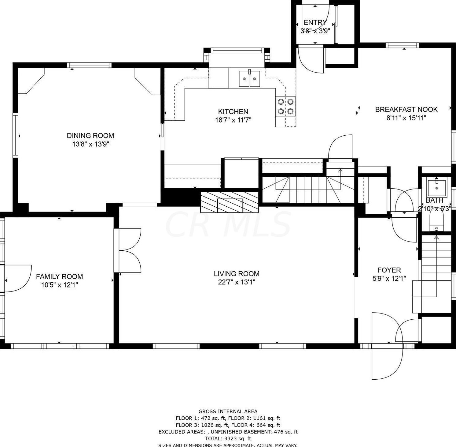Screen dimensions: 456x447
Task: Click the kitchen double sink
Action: pyautogui.click(x=249, y=78)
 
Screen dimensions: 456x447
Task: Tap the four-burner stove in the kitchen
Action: pyautogui.click(x=285, y=106)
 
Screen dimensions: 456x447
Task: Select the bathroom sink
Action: pyautogui.click(x=436, y=186)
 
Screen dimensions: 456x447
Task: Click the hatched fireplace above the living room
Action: pyautogui.click(x=230, y=202)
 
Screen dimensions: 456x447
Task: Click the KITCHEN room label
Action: pyautogui.click(x=233, y=111)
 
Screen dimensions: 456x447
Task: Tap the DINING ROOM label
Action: pyautogui.click(x=90, y=135)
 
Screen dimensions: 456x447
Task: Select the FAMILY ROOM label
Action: pyautogui.click(x=59, y=276)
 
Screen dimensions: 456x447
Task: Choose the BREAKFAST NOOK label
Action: pyautogui.click(x=406, y=109)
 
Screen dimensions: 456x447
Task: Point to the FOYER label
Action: pyautogui.click(x=389, y=270)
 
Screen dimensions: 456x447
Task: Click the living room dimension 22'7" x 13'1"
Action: pyautogui.click(x=237, y=282)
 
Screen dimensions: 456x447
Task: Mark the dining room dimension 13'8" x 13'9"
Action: pyautogui.click(x=90, y=144)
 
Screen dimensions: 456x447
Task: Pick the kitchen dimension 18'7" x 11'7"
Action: pyautogui.click(x=233, y=120)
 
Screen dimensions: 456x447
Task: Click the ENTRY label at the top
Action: pyautogui.click(x=315, y=22)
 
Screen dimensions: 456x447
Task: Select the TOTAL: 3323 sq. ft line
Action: pyautogui.click(x=228, y=438)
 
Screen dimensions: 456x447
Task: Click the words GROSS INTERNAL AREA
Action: pyautogui.click(x=228, y=411)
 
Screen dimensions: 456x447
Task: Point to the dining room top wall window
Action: pyautogui.click(x=89, y=65)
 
